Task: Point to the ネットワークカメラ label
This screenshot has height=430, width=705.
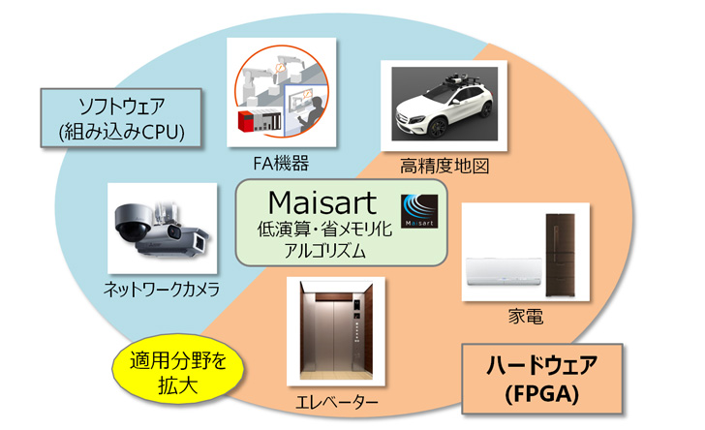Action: [x=162, y=288]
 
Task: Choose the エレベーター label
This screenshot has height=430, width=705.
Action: [x=336, y=401]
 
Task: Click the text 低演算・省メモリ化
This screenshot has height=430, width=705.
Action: [x=320, y=230]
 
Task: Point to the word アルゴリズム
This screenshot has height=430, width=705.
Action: [x=320, y=251]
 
